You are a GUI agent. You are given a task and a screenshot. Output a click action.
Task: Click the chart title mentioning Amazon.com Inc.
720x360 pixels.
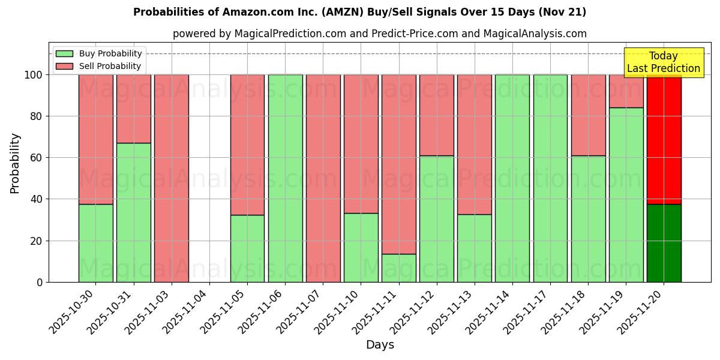pyautogui.click(x=359, y=12)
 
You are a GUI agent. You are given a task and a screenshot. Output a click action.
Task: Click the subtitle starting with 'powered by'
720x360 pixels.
pyautogui.click(x=379, y=34)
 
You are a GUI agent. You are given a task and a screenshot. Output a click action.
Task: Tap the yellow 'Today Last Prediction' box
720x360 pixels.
pyautogui.click(x=663, y=62)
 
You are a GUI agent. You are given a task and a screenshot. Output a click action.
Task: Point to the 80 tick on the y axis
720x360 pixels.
pyautogui.click(x=37, y=116)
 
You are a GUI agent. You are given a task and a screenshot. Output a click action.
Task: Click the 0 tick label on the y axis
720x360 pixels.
pyautogui.click(x=40, y=282)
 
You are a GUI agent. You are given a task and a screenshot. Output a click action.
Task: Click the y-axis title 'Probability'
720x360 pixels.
pyautogui.click(x=15, y=163)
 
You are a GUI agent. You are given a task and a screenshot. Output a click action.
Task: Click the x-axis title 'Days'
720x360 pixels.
pyautogui.click(x=380, y=344)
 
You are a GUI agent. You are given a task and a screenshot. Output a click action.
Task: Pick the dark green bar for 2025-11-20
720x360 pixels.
pyautogui.click(x=664, y=243)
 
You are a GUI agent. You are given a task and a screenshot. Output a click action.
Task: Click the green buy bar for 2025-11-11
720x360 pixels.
pyautogui.click(x=398, y=268)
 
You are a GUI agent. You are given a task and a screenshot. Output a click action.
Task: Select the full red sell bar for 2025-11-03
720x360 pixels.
pyautogui.click(x=171, y=178)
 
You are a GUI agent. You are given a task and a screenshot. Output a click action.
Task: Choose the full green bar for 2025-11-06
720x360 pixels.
pyautogui.click(x=285, y=178)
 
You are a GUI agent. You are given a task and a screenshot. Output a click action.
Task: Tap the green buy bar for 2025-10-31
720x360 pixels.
pyautogui.click(x=133, y=212)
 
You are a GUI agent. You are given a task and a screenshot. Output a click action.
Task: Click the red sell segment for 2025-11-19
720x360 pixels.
pyautogui.click(x=626, y=91)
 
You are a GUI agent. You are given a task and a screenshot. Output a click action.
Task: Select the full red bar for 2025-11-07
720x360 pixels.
pyautogui.click(x=323, y=178)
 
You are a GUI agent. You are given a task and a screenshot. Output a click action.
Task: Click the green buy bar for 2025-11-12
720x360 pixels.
pyautogui.click(x=436, y=219)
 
